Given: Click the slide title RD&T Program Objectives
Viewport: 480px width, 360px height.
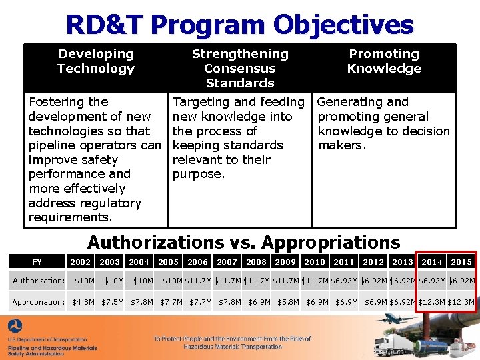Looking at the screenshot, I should tap(239, 25).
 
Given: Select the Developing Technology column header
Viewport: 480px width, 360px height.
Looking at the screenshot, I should tap(96, 61).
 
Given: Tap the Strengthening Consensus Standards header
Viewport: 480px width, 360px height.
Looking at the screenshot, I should tap(240, 68).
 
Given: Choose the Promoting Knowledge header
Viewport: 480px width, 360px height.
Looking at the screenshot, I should tap(384, 61).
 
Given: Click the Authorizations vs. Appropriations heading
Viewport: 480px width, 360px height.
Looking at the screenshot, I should tap(243, 242).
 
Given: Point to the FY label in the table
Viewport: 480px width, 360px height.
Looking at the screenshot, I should tap(37, 262).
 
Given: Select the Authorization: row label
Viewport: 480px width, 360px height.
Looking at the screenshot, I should tap(39, 281).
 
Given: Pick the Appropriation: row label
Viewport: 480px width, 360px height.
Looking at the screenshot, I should tap(39, 302).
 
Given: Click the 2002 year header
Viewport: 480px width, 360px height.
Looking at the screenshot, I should tap(81, 262).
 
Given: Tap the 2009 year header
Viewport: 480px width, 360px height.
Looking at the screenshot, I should tap(285, 262).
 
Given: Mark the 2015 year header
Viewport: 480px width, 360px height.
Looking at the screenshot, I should tap(461, 262).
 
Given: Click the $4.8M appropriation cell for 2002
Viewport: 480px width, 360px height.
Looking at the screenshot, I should tap(83, 302).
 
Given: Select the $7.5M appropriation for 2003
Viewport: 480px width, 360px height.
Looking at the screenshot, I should tap(112, 302).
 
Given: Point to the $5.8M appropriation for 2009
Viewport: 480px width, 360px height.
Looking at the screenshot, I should tap(288, 302).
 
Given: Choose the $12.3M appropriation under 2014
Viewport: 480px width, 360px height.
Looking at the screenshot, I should tap(432, 302).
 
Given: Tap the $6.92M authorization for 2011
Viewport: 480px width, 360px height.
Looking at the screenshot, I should tap(344, 281).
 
